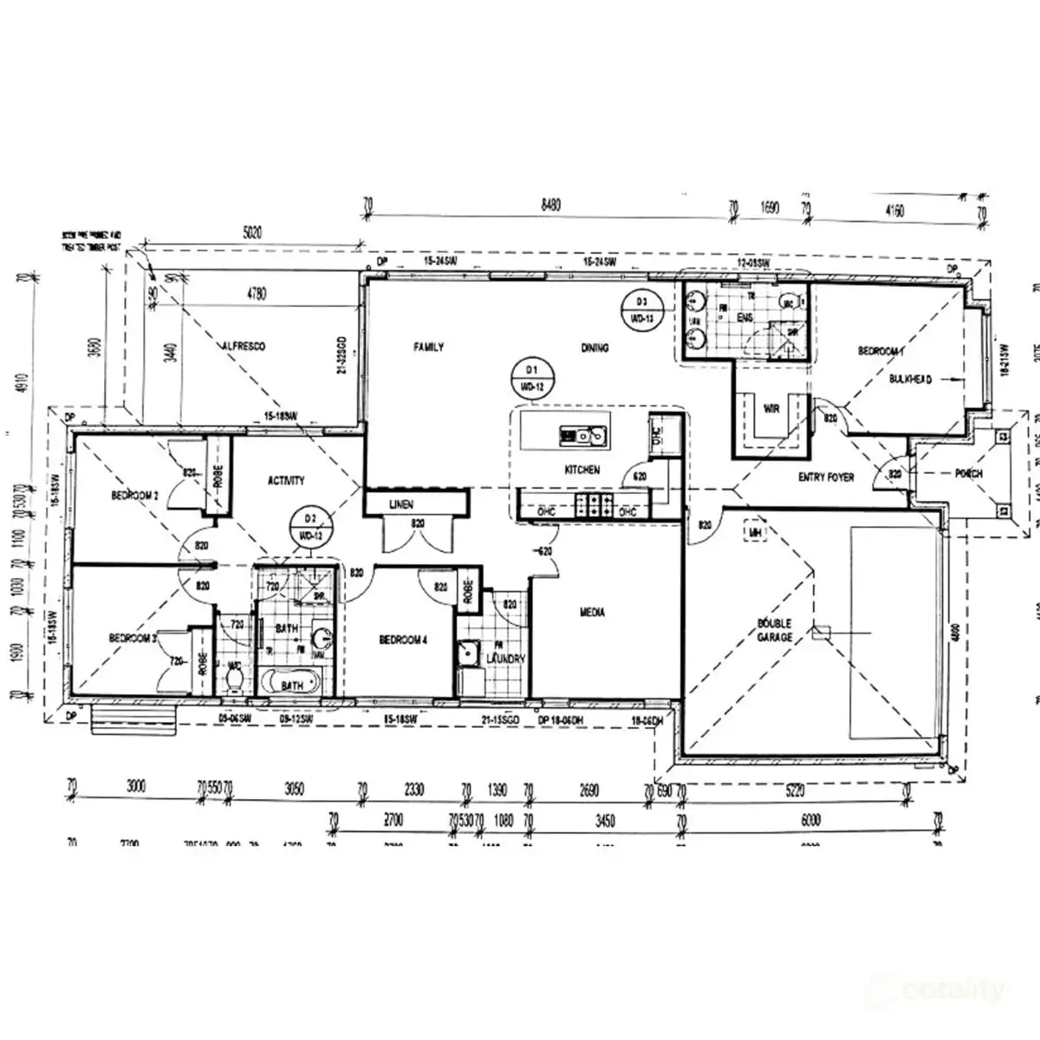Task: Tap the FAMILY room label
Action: [428, 348]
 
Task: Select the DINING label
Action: [595, 348]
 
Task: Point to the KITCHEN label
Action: [582, 470]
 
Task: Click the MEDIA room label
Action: [592, 613]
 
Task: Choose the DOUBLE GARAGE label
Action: [775, 630]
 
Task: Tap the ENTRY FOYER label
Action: [826, 478]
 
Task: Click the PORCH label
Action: [968, 474]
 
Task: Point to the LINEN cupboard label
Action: [401, 504]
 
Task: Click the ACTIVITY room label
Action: [286, 480]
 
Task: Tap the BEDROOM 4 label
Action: [403, 640]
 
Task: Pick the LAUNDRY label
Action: [506, 659]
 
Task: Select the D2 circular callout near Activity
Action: [309, 527]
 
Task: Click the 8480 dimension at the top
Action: [550, 206]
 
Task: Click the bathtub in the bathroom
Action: [292, 684]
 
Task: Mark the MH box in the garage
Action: [756, 532]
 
